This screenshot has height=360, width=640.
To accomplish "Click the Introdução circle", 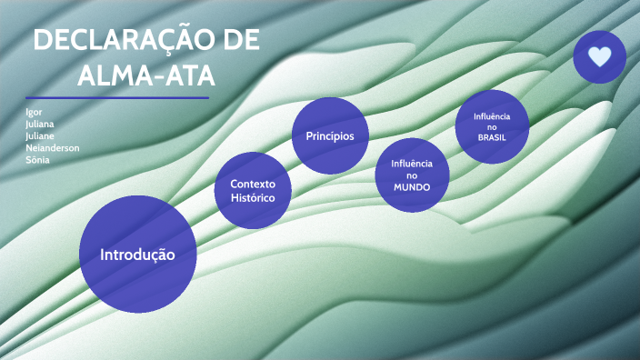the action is pos(137,255).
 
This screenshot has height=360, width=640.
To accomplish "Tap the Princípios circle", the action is pos(330,135).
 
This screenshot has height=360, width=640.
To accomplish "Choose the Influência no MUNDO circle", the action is pos(413,175).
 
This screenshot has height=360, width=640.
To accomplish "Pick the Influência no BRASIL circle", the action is pos(492,126).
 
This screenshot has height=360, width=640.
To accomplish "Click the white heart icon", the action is pos(599,57).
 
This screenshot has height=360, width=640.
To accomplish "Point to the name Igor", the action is pos(35,113).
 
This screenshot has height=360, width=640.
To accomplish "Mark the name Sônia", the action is pos(38,160).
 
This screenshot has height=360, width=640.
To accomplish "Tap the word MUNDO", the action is pos(412,187).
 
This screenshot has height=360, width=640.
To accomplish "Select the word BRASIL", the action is pos(492,138).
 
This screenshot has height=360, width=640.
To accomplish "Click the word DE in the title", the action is pos(240,42).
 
